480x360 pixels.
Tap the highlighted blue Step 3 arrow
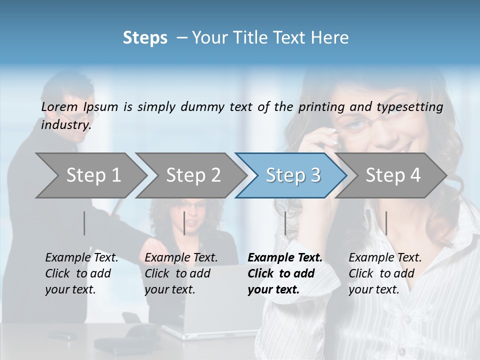(x=292, y=175)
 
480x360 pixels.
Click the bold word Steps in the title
(x=145, y=38)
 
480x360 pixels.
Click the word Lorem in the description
(x=59, y=106)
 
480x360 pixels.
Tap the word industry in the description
(x=66, y=124)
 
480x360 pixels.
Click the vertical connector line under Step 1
(x=84, y=223)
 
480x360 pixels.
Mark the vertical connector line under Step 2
(x=184, y=223)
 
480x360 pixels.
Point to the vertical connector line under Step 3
(x=285, y=223)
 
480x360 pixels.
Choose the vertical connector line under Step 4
(x=386, y=223)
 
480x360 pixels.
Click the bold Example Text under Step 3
(x=285, y=258)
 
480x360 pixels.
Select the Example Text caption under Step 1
(x=81, y=258)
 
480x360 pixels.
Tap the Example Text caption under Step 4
(x=385, y=258)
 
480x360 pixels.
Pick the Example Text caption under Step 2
(x=181, y=258)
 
